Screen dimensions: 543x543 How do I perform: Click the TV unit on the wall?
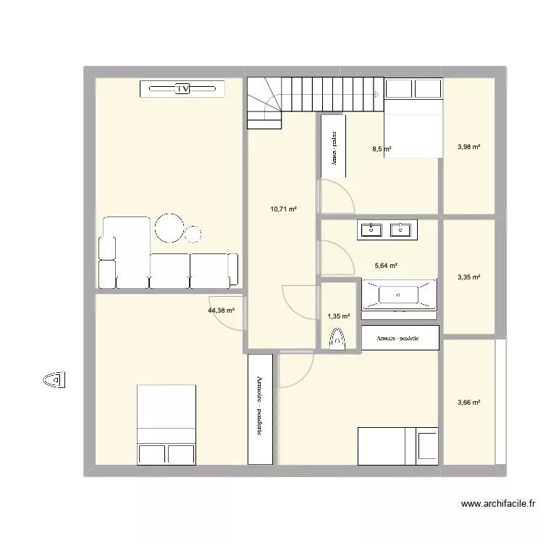[182, 89]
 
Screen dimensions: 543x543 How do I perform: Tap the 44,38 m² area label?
[222, 311]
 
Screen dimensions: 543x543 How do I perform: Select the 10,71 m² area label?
[283, 209]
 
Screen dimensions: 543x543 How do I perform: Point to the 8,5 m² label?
[382, 150]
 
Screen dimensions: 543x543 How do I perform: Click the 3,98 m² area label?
[469, 148]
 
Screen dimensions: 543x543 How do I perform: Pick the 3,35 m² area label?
[469, 277]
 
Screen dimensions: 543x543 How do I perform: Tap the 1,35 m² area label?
[338, 316]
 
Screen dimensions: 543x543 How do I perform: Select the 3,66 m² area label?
[469, 403]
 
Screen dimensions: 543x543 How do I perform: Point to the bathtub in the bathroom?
[399, 295]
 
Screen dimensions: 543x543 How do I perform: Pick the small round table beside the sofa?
[193, 234]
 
